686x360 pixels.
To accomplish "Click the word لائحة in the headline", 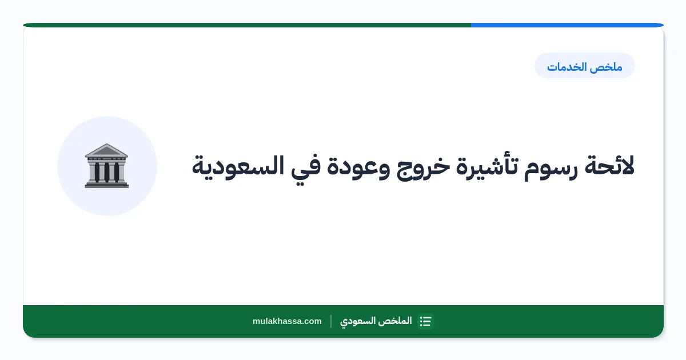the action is (x=609, y=166).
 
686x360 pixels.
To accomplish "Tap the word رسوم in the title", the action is (x=551, y=168).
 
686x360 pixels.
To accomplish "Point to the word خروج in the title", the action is (x=424, y=168).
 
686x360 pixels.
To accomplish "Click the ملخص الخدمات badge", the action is (x=585, y=66).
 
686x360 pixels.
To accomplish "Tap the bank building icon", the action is (x=106, y=166).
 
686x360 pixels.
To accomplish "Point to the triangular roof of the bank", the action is (x=106, y=150).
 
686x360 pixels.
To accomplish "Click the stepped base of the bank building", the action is (x=106, y=184).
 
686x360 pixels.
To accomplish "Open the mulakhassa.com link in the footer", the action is (x=287, y=321).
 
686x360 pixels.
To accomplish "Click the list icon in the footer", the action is (x=426, y=321).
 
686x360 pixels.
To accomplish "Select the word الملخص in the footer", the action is (x=395, y=321).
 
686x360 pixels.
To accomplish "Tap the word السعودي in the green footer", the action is (x=358, y=321).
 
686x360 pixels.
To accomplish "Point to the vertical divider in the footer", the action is (x=331, y=321).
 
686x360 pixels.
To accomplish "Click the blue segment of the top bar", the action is (x=567, y=25).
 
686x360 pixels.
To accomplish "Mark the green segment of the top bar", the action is (x=247, y=25).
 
